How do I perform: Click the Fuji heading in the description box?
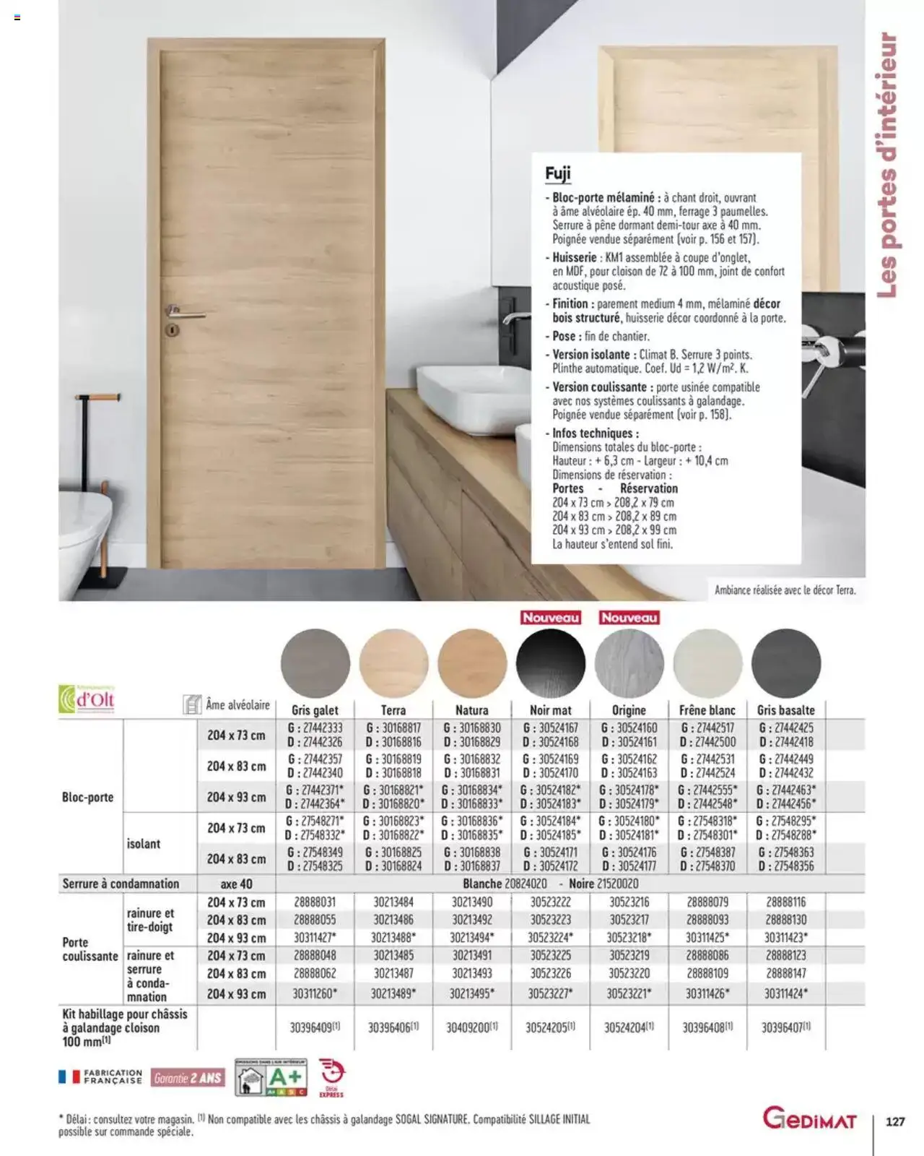coord(558,173)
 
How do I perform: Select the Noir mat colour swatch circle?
coord(550,663)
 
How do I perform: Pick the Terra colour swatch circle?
coord(393,663)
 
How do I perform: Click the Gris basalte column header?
coord(785,710)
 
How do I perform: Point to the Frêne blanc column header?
coord(707,710)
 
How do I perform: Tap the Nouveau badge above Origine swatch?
coord(629,618)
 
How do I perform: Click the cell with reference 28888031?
coord(315,902)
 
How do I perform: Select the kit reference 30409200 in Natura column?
coord(471,1027)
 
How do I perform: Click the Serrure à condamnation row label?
coord(121,884)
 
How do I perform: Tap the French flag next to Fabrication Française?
coord(69,1077)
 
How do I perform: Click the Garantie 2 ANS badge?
coord(188,1078)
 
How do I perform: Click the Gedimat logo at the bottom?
coord(809,1121)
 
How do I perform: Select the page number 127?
coord(894,1121)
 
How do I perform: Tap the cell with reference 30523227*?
coord(550,993)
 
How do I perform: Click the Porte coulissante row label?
coord(90,949)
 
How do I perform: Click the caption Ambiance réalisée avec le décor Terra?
coord(785,590)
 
